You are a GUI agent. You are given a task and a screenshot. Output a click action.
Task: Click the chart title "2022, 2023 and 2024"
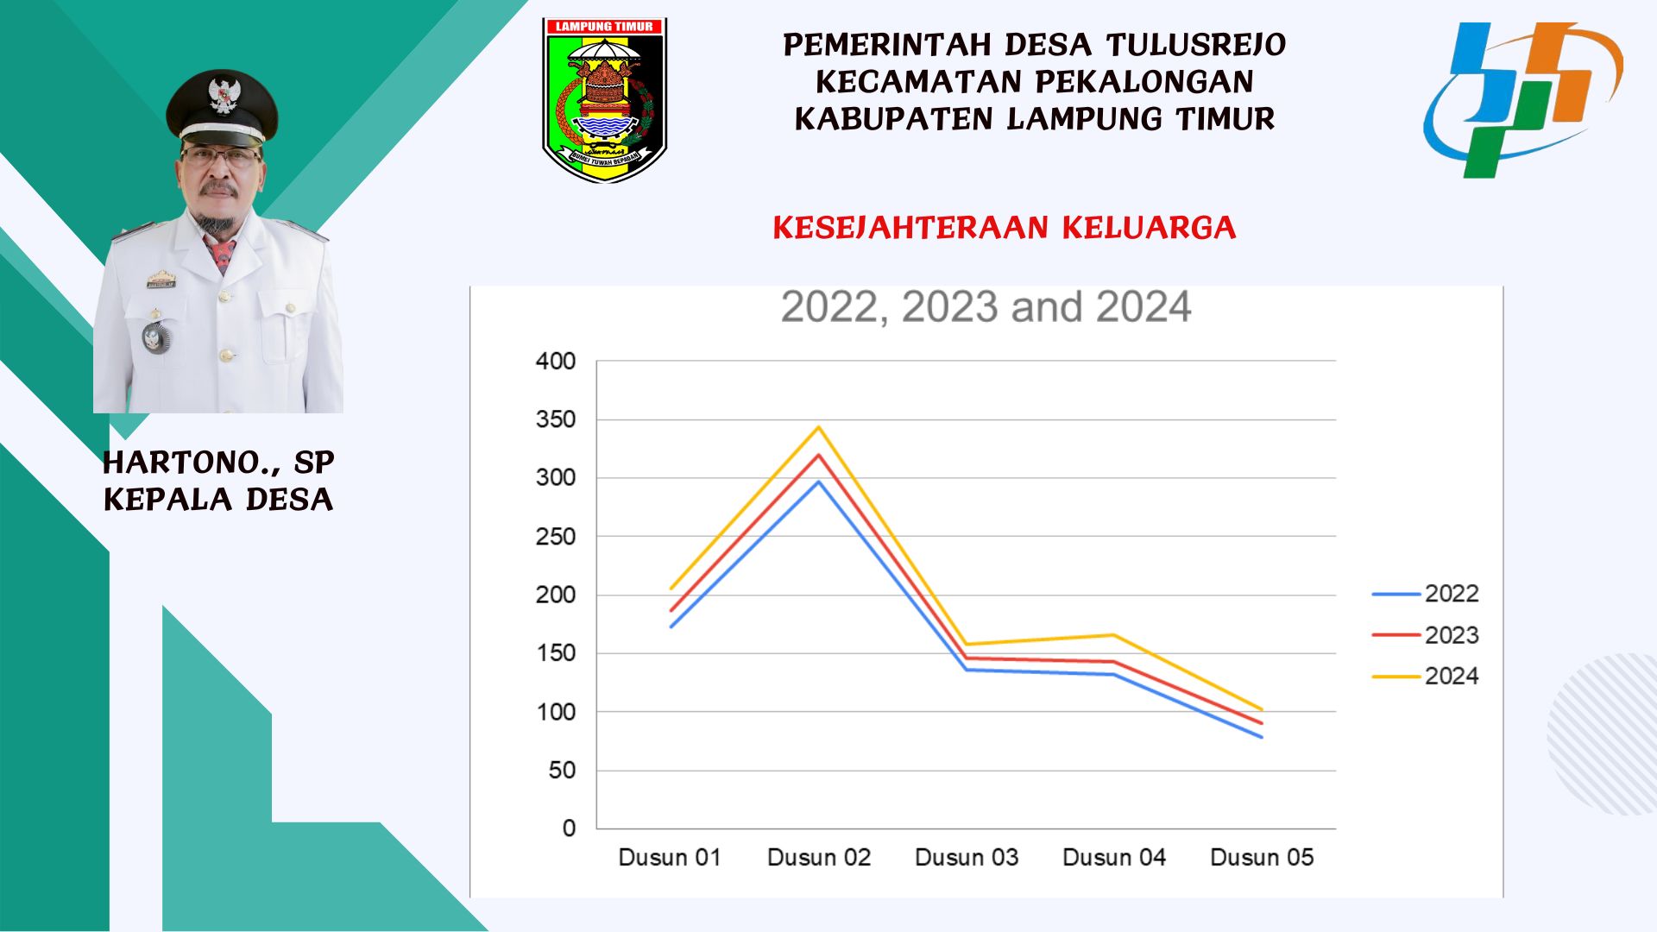tap(986, 307)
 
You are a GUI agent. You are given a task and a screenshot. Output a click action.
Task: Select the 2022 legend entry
tap(1425, 594)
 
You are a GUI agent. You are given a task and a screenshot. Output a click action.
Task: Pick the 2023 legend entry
tap(1425, 635)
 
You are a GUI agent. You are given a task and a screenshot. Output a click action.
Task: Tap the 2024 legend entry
tap(1425, 677)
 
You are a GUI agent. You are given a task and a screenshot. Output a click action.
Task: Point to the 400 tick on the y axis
tap(555, 362)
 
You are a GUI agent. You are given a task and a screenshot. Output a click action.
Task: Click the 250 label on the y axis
tap(555, 537)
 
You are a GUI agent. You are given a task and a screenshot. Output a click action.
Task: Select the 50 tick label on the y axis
tap(562, 771)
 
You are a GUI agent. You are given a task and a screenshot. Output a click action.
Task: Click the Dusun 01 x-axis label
tap(670, 858)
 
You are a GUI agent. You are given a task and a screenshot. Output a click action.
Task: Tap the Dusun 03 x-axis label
tap(967, 858)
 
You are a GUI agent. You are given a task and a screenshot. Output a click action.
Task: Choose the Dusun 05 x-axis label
tap(1262, 858)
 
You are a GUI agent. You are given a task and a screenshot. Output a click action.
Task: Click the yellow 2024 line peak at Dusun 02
tap(819, 426)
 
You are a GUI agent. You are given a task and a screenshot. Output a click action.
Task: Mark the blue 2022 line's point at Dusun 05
tap(1262, 737)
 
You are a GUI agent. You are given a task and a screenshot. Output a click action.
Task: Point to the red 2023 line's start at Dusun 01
tap(671, 611)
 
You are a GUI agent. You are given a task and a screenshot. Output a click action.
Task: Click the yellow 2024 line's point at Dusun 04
tap(1114, 635)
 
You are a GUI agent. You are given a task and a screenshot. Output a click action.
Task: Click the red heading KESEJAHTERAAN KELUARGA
tap(1005, 228)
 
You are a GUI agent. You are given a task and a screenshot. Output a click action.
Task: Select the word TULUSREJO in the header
tap(1196, 45)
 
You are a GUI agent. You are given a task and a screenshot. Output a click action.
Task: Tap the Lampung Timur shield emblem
tap(604, 100)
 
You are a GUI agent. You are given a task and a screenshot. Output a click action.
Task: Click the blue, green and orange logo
tap(1523, 100)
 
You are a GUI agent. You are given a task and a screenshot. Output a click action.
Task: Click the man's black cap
tap(222, 107)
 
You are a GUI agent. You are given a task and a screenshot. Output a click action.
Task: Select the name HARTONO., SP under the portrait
tap(218, 463)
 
